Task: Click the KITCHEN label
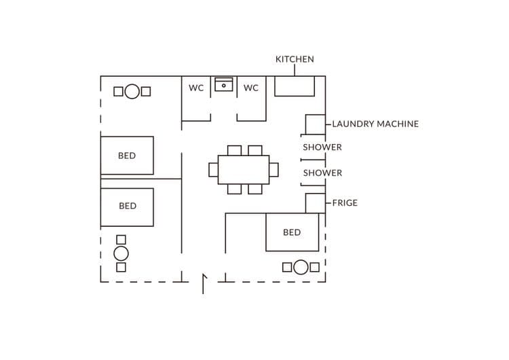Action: click(x=295, y=59)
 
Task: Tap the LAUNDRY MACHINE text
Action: click(x=375, y=124)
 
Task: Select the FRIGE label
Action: click(x=345, y=203)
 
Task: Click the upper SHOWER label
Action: click(x=322, y=147)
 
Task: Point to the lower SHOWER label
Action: click(x=322, y=173)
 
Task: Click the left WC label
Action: click(x=196, y=88)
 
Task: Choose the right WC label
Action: click(x=251, y=88)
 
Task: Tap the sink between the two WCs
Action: click(x=224, y=85)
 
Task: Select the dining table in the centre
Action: click(x=244, y=170)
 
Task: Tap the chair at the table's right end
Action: click(x=274, y=170)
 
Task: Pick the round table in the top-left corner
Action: click(x=132, y=92)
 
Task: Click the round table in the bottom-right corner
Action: click(x=301, y=267)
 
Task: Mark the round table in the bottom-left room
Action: click(x=121, y=253)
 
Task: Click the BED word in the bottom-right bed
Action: click(x=292, y=232)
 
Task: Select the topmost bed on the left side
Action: click(x=127, y=156)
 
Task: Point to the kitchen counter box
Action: click(x=295, y=86)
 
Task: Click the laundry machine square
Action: click(x=314, y=124)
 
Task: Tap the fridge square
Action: click(x=314, y=203)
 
